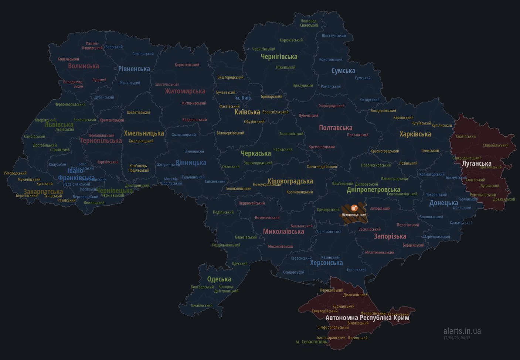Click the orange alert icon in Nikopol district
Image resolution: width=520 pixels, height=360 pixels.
click(354, 208)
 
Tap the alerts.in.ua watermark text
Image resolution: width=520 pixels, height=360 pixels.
click(462, 331)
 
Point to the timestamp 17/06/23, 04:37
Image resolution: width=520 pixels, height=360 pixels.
click(456, 338)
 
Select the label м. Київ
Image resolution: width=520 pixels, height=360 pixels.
click(243, 98)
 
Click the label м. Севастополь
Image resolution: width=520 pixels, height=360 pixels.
click(311, 342)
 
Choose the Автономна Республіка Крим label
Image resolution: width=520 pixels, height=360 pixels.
click(367, 318)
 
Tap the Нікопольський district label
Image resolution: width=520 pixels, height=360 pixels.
click(354, 215)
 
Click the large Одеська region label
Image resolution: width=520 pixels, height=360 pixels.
click(219, 279)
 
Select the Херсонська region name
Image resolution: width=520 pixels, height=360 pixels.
click(326, 263)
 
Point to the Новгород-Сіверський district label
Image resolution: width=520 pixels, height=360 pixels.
click(309, 23)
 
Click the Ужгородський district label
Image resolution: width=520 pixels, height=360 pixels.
click(15, 173)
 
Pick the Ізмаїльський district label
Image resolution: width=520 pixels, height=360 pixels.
click(201, 305)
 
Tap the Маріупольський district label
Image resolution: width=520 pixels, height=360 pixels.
click(436, 237)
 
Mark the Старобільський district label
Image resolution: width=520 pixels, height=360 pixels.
click(495, 145)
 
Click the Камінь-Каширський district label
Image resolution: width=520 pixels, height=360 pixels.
click(92, 45)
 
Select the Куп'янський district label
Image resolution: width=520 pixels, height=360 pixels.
click(441, 126)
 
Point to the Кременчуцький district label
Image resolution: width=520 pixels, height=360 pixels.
click(322, 147)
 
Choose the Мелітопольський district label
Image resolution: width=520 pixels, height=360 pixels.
click(380, 253)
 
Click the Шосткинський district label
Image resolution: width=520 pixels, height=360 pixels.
click(334, 36)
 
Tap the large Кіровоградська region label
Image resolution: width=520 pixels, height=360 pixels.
click(290, 181)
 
